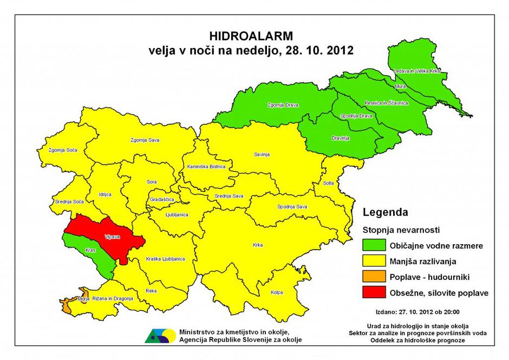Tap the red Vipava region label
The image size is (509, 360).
click(112, 237)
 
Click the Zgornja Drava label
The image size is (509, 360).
click(283, 104)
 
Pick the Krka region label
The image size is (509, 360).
click(257, 245)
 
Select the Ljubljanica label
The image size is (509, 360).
click(177, 214)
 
